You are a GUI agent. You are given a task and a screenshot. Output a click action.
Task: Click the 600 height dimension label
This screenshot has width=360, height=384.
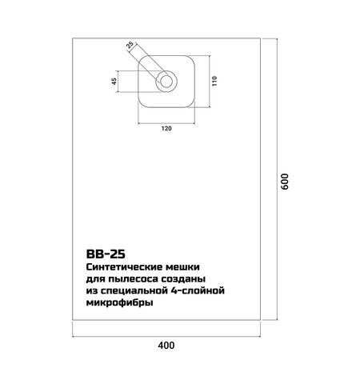284,182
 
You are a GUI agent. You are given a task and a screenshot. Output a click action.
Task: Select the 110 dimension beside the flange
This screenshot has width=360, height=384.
214,81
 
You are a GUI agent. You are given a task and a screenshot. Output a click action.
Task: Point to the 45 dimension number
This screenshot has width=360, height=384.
114,81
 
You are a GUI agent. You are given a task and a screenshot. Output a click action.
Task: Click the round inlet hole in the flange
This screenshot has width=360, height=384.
166,82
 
